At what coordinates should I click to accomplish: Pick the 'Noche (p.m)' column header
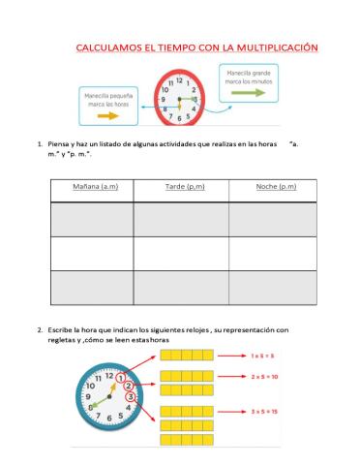(x=275, y=186)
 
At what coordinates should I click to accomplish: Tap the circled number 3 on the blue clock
(x=134, y=398)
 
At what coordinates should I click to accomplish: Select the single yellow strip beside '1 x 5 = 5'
(x=186, y=356)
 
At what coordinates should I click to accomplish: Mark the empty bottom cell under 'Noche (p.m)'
(x=275, y=287)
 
